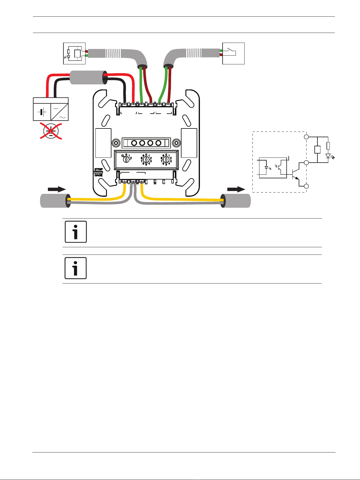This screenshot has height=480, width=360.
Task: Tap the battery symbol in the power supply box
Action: (x=42, y=112)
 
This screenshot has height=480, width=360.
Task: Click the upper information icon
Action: (x=76, y=232)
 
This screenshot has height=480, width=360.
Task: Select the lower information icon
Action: (x=76, y=268)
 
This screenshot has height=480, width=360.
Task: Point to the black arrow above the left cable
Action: (x=57, y=189)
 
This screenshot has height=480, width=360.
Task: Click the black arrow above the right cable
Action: (x=236, y=189)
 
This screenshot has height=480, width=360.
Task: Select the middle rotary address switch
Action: (x=146, y=160)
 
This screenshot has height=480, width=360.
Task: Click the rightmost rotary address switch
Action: (x=166, y=160)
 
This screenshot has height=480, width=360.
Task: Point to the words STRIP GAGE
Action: (x=98, y=172)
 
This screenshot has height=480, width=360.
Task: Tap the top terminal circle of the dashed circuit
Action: (x=306, y=137)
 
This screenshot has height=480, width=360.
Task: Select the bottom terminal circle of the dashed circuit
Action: (x=306, y=186)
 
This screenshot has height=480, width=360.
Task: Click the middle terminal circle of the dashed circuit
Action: (x=306, y=163)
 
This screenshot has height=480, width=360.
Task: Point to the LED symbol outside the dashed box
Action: (x=328, y=156)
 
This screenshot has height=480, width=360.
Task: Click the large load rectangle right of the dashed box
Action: (x=317, y=150)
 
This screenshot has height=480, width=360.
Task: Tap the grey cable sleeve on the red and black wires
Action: (x=87, y=78)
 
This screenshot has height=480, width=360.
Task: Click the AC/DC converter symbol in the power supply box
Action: (x=59, y=112)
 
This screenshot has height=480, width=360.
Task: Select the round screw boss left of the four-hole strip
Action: (x=115, y=142)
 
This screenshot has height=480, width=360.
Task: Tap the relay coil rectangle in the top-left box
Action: (x=77, y=54)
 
